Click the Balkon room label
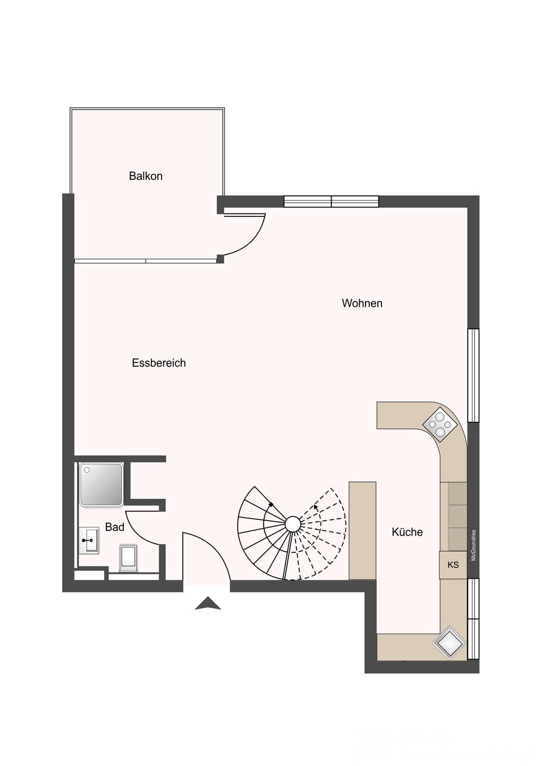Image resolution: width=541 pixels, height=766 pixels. (146, 176)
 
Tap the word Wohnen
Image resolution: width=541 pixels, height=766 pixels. (362, 303)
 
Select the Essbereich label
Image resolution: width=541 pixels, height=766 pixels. (159, 363)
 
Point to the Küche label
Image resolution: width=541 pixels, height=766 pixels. (407, 532)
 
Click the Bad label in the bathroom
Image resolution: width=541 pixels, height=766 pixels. (114, 527)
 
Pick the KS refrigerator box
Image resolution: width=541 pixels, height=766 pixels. (453, 564)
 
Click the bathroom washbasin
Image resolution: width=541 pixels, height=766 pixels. (89, 540)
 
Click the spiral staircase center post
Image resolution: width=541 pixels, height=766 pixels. (293, 523)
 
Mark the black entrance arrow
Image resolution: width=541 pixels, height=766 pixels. (208, 604)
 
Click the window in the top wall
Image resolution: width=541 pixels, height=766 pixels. (331, 202)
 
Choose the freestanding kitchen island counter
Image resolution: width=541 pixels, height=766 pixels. (362, 530)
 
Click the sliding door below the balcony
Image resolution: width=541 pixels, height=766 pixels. (146, 261)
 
